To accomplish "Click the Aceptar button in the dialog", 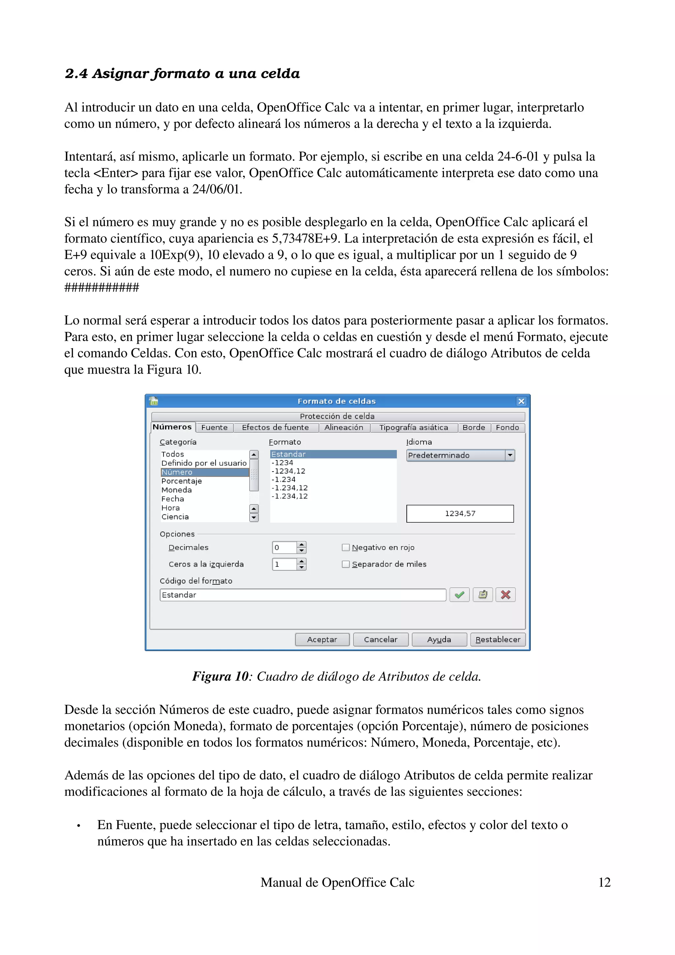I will tap(322, 639).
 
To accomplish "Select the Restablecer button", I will tap(498, 639).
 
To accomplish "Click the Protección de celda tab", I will tap(337, 416).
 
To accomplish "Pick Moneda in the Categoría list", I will tap(177, 490).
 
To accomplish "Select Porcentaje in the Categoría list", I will tap(182, 481).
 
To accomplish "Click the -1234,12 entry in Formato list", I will tap(288, 471).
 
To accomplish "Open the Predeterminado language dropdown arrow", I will tap(510, 455).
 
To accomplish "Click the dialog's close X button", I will tap(521, 401).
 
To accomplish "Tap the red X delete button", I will tap(505, 595).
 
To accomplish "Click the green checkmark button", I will tap(459, 595).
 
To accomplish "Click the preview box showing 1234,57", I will tap(460, 514).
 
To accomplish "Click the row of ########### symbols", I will tap(102, 287).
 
